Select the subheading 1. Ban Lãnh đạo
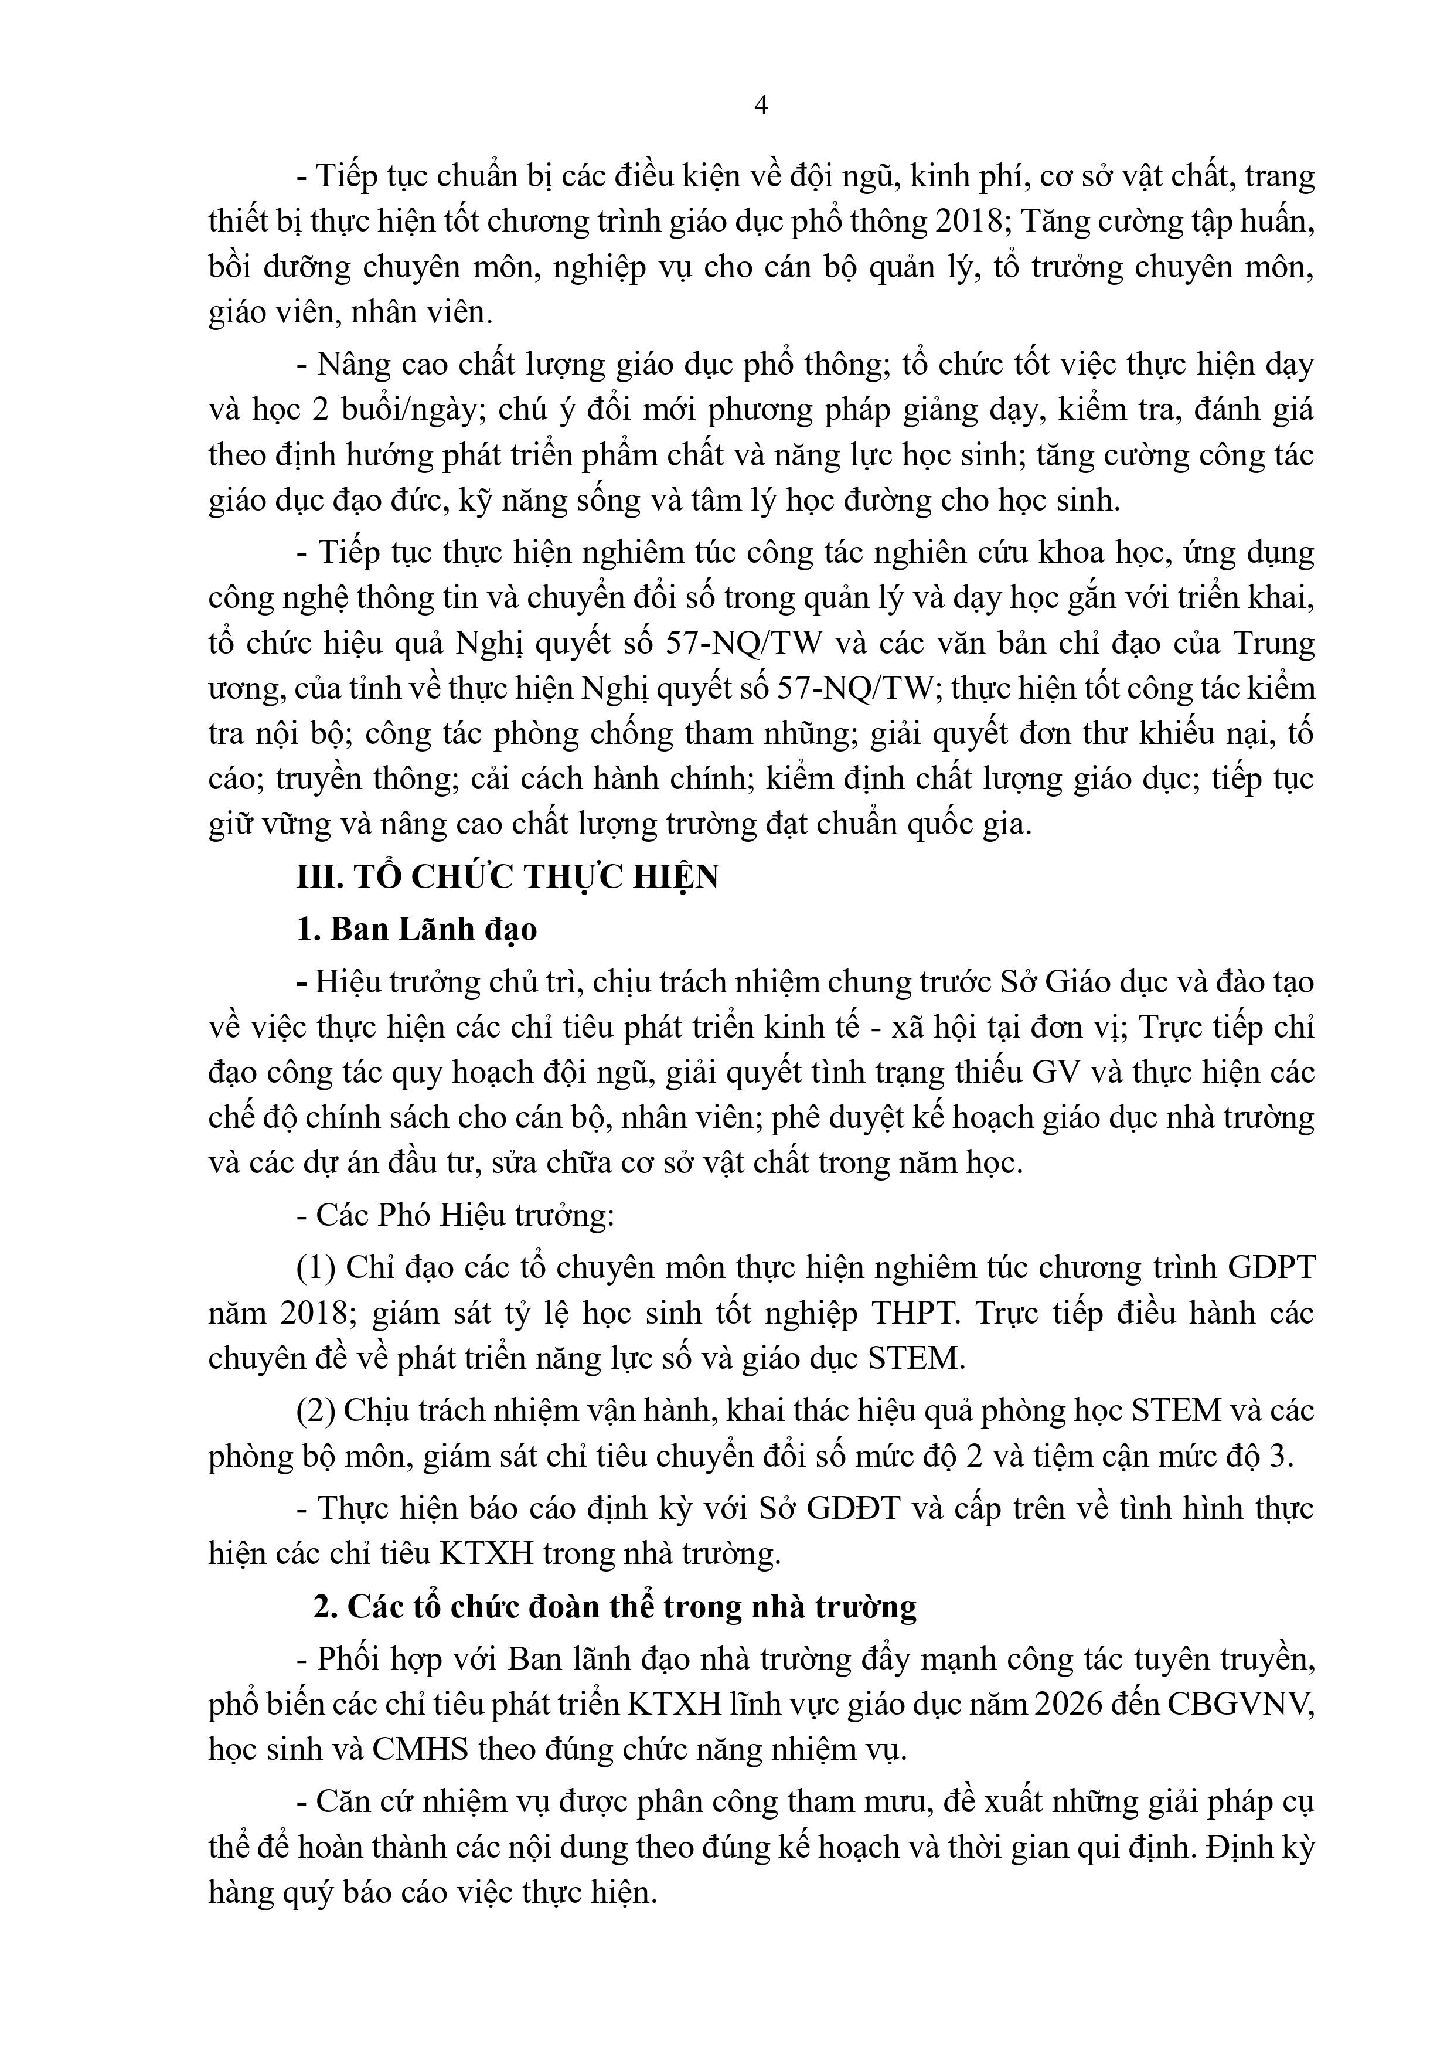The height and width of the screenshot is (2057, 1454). click(417, 930)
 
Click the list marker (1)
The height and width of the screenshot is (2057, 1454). click(316, 1268)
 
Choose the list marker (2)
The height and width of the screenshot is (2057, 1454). click(316, 1411)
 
